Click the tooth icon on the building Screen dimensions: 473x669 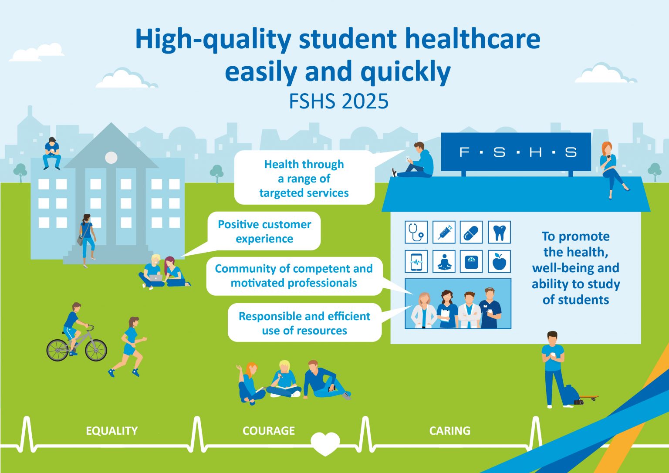coord(499,233)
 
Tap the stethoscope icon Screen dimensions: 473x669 coord(416,232)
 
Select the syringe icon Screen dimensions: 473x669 coord(444,232)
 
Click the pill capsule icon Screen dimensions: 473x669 coord(471,233)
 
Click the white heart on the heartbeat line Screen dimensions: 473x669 coord(325,443)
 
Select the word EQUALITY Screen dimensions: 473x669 coord(111,431)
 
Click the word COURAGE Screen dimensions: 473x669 coord(268,431)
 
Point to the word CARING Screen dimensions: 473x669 coord(449,431)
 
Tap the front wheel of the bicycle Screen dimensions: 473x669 coord(96,350)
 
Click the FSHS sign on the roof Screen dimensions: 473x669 coord(516,152)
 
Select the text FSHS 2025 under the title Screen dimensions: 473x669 coord(338,101)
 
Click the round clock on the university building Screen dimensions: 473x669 coord(111,158)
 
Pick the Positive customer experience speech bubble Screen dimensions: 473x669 coord(264,231)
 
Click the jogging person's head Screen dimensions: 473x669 coord(134,322)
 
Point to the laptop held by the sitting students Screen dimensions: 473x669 coord(155,277)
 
